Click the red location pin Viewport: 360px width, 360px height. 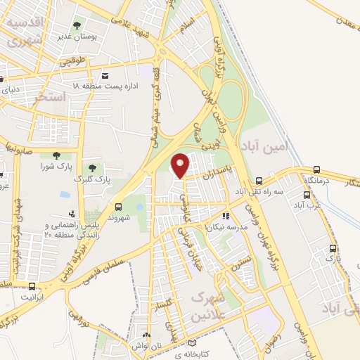click(181, 165)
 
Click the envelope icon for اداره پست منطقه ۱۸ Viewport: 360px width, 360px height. click(105, 75)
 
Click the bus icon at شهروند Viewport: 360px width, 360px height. click(117, 207)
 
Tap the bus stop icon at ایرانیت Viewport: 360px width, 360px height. click(32, 286)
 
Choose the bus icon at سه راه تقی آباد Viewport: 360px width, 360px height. click(259, 180)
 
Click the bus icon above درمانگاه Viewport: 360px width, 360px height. click(316, 169)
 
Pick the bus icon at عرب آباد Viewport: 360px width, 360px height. click(307, 195)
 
